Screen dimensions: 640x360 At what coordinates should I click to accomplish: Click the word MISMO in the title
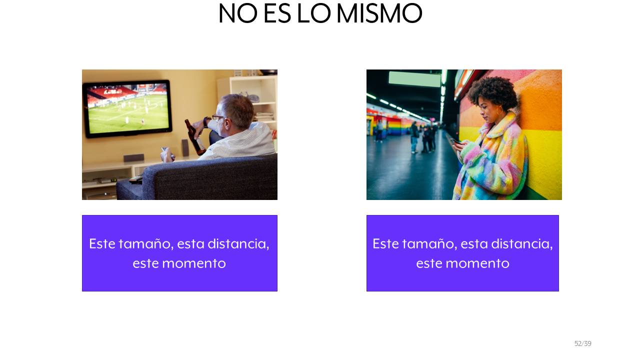(379, 13)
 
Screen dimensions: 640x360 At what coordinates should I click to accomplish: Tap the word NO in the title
(237, 13)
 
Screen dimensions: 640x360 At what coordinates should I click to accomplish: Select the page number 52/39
(583, 343)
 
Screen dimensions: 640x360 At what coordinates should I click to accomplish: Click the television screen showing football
(127, 108)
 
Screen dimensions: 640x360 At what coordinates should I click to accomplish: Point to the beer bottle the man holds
(195, 137)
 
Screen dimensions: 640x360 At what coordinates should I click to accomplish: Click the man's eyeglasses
(217, 117)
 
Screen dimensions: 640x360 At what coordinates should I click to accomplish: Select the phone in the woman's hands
(455, 141)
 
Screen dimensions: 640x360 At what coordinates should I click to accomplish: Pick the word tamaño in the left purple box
(145, 244)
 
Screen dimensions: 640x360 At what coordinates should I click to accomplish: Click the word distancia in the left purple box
(238, 244)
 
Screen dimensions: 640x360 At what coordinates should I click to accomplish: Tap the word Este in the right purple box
(385, 244)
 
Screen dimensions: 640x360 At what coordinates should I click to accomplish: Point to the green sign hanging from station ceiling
(414, 78)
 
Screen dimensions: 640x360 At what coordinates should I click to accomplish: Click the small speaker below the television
(133, 157)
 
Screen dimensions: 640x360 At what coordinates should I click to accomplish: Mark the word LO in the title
(314, 13)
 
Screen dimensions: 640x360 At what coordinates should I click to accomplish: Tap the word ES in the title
(277, 13)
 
